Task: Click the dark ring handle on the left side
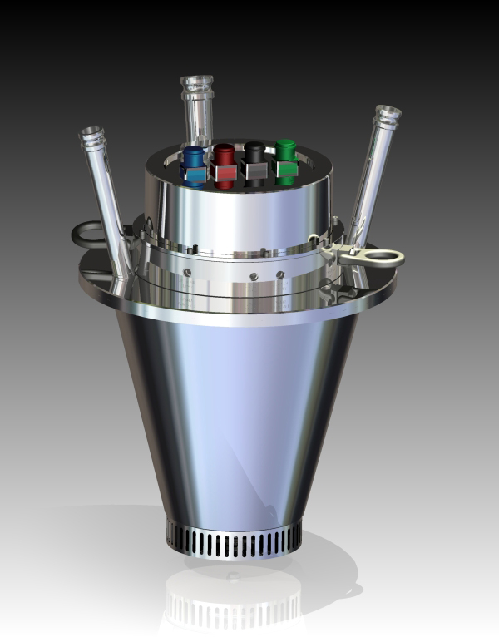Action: click(87, 234)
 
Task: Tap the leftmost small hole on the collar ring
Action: click(188, 272)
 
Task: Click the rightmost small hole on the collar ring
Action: click(280, 274)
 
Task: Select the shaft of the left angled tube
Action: click(108, 200)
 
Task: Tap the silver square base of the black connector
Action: click(253, 171)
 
